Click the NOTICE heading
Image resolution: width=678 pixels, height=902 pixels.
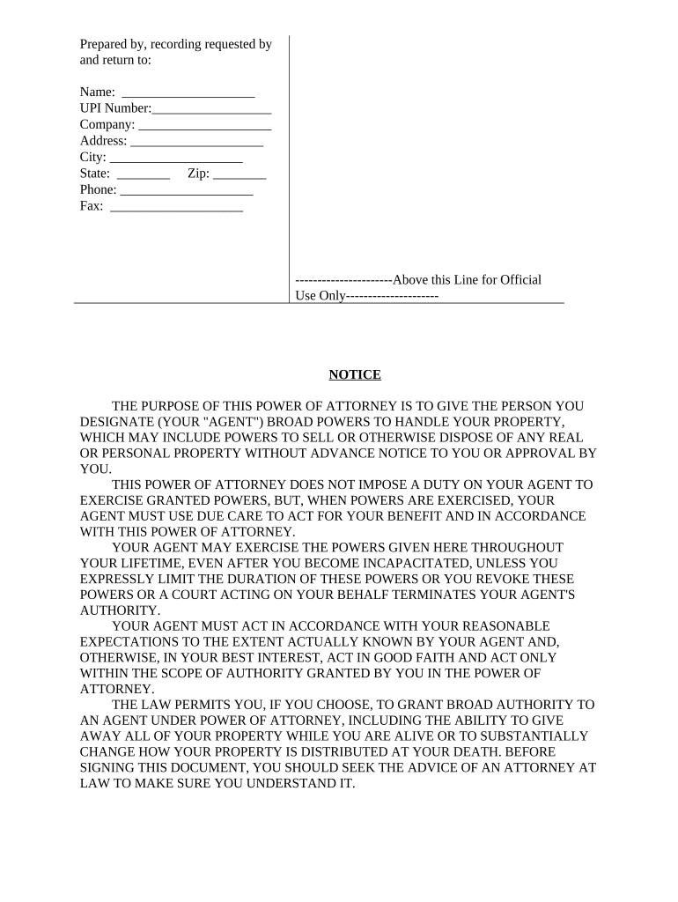tap(355, 374)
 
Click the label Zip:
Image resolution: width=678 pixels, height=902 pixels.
tap(198, 174)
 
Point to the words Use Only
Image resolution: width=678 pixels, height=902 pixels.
tap(321, 296)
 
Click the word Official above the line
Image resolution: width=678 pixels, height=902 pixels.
tap(520, 280)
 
